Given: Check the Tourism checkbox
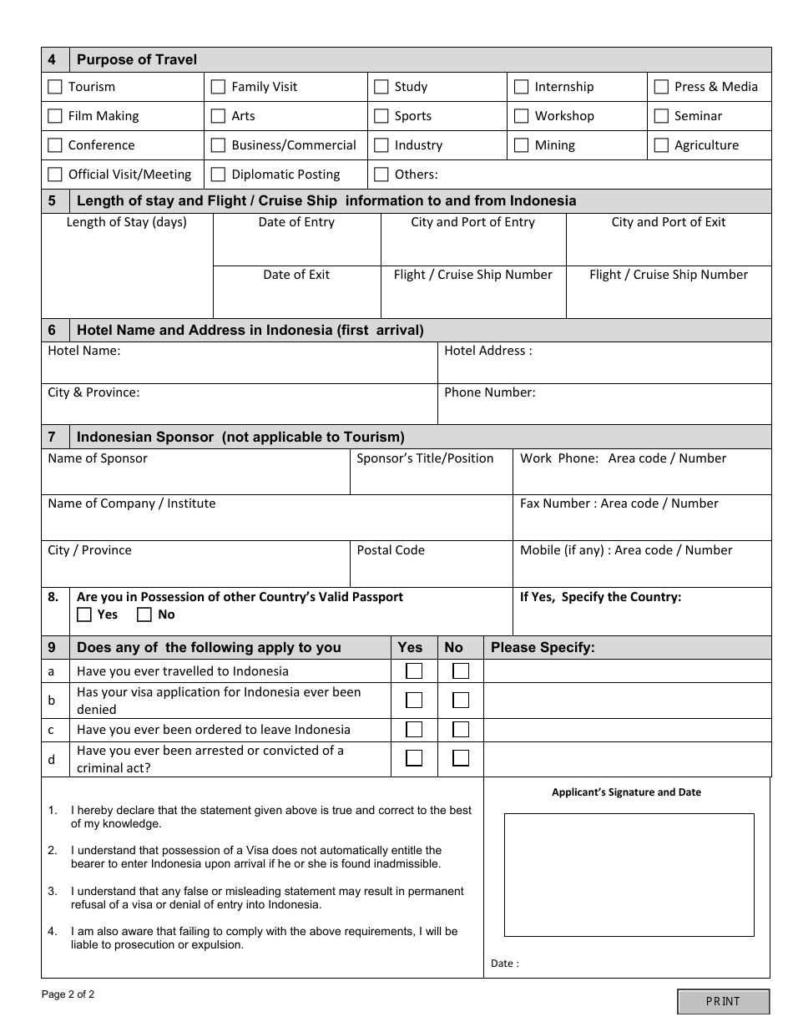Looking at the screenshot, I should [x=55, y=87].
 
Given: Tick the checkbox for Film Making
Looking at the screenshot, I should [x=55, y=116].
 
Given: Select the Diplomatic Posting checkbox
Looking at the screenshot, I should [x=218, y=175].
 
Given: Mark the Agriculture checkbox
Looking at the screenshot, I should [x=661, y=145].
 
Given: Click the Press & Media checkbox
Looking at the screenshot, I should [x=661, y=87].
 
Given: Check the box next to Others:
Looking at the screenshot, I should [x=381, y=175].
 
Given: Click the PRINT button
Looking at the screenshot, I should [x=723, y=1001].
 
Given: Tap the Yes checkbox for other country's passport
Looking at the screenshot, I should [x=84, y=615].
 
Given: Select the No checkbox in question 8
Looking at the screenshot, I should [x=144, y=615].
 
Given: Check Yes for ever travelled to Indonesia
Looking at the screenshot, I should [x=414, y=671].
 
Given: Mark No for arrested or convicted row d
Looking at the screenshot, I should [x=461, y=758].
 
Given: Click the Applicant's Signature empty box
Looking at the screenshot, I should [x=629, y=874].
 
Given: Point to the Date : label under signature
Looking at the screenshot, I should [x=504, y=964].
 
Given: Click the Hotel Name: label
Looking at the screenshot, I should [x=84, y=351].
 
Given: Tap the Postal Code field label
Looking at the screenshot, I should [x=391, y=550].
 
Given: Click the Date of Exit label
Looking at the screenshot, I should [x=296, y=275].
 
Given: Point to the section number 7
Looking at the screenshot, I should [x=52, y=437].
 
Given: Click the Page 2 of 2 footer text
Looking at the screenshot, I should [x=68, y=994].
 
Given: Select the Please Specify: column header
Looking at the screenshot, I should [x=543, y=647].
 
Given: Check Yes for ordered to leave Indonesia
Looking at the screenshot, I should [x=414, y=730].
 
